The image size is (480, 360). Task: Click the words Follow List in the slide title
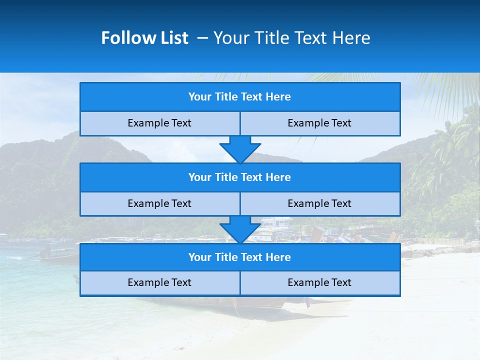[x=144, y=38]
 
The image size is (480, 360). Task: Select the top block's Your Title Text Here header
[x=239, y=97]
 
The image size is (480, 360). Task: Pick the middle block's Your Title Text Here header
[x=239, y=177]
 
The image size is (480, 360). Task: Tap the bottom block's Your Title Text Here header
[x=239, y=257]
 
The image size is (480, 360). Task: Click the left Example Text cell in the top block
[x=159, y=123]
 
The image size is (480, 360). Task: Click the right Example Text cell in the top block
[x=319, y=123]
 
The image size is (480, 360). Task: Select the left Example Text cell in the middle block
[x=159, y=203]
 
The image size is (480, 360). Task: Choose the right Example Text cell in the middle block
[x=319, y=203]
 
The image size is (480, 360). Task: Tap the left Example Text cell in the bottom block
[x=159, y=282]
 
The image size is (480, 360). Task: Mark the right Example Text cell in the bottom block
[x=319, y=282]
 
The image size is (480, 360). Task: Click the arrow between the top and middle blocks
[x=240, y=149]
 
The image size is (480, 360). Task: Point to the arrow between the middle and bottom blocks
[x=240, y=229]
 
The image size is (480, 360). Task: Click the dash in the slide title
[x=202, y=38]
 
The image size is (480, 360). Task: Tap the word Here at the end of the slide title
[x=352, y=38]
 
